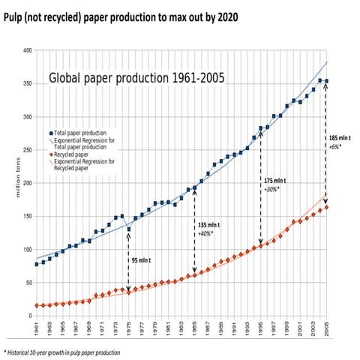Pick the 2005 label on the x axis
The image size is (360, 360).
(x=326, y=328)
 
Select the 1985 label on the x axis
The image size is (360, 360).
(x=195, y=328)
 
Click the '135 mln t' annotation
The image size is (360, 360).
(x=208, y=224)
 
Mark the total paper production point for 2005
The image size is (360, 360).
(x=326, y=81)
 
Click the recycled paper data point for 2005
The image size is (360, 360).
(x=326, y=208)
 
